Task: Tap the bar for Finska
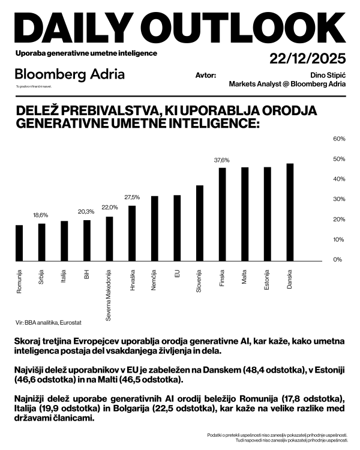(x=222, y=214)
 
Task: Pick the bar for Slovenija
(x=200, y=223)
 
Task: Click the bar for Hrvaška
(x=132, y=233)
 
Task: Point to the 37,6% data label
(x=222, y=160)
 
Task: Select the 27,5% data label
(x=132, y=197)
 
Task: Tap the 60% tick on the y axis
(x=338, y=139)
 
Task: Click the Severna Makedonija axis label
(x=109, y=294)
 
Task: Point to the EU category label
(x=177, y=274)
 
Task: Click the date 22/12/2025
(x=308, y=59)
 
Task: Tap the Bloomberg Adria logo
(x=70, y=74)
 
